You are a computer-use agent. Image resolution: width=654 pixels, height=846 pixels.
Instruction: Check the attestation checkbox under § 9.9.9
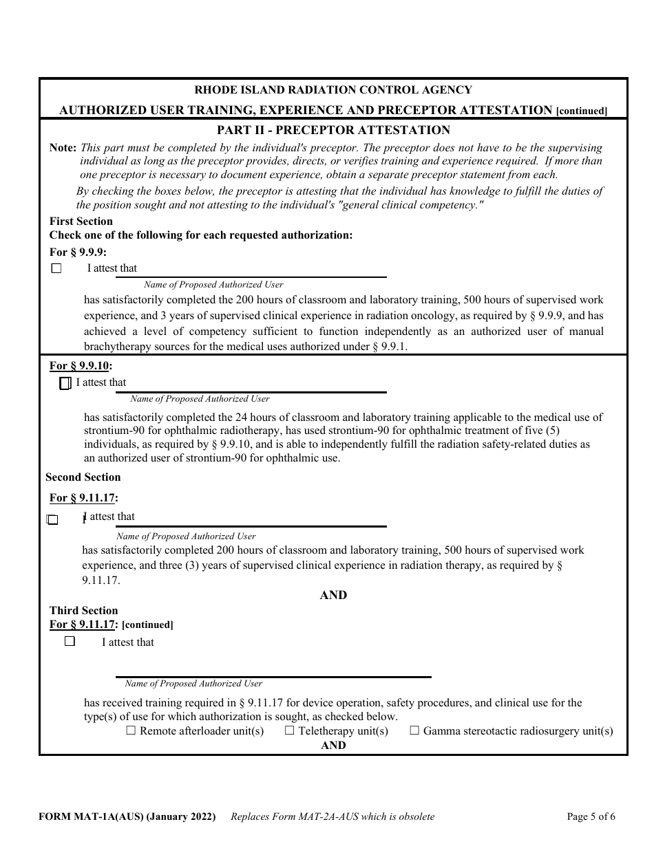(56, 269)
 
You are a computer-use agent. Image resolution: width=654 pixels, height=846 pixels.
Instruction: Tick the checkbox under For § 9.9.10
(65, 384)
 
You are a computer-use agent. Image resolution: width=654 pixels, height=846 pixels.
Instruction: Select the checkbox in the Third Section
(70, 641)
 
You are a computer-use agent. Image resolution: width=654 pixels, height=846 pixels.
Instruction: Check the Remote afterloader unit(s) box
(131, 731)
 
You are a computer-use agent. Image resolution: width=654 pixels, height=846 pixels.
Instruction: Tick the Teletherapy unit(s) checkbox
(290, 731)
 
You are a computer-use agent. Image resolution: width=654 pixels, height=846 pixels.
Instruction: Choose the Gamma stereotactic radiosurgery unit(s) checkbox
(414, 731)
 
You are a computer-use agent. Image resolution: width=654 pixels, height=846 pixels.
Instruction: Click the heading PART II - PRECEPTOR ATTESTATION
(333, 130)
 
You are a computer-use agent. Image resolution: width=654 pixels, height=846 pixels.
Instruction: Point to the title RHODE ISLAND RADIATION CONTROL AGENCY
(333, 90)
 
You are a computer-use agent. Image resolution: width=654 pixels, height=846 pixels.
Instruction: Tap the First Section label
(81, 221)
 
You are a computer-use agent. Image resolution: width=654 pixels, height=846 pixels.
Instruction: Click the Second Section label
(83, 477)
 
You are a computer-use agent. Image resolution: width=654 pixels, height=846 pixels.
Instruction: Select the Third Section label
(83, 611)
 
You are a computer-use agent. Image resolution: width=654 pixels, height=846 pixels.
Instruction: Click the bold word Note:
(63, 148)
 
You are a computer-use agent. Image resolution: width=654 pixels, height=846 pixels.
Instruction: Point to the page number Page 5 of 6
(591, 817)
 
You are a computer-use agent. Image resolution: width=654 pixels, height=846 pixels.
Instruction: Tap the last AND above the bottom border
(333, 746)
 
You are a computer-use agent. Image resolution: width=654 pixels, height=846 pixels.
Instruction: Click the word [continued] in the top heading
(582, 111)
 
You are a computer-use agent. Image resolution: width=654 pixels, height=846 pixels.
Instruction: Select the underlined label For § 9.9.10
(81, 366)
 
